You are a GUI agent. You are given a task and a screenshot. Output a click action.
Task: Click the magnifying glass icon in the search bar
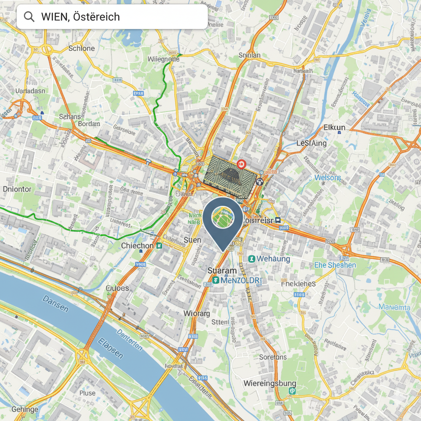pyautogui.click(x=29, y=17)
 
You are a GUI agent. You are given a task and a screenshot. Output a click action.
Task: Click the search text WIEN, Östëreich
pyautogui.click(x=81, y=17)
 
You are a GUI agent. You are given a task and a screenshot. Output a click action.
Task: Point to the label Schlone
pyautogui.click(x=81, y=48)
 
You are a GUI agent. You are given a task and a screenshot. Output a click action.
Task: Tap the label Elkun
pyautogui.click(x=334, y=127)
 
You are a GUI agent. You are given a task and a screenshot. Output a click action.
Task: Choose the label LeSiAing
pyautogui.click(x=312, y=143)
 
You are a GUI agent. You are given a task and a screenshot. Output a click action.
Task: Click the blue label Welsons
pyautogui.click(x=327, y=178)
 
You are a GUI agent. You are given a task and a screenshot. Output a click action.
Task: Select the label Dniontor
pyautogui.click(x=17, y=189)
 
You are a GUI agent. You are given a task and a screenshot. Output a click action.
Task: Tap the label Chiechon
pyautogui.click(x=137, y=245)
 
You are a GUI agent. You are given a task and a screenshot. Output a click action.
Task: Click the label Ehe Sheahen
pyautogui.click(x=335, y=265)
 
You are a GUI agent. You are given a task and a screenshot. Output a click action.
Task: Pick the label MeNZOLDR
pyautogui.click(x=241, y=280)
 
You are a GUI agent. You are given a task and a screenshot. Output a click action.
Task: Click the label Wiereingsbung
pyautogui.click(x=269, y=384)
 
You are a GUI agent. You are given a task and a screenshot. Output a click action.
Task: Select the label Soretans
pyautogui.click(x=273, y=357)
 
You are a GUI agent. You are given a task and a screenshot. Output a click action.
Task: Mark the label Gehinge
pyautogui.click(x=25, y=409)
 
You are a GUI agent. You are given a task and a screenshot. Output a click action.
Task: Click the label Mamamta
pyautogui.click(x=394, y=307)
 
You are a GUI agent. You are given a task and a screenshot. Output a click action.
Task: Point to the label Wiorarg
pyautogui.click(x=197, y=313)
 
